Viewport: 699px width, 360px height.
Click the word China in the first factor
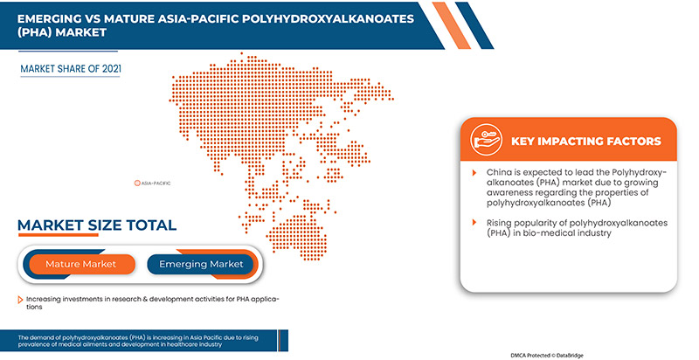[x=500, y=174]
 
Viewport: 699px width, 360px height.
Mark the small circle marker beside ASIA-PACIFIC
[x=136, y=183]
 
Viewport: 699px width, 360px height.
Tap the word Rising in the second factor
[x=502, y=224]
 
